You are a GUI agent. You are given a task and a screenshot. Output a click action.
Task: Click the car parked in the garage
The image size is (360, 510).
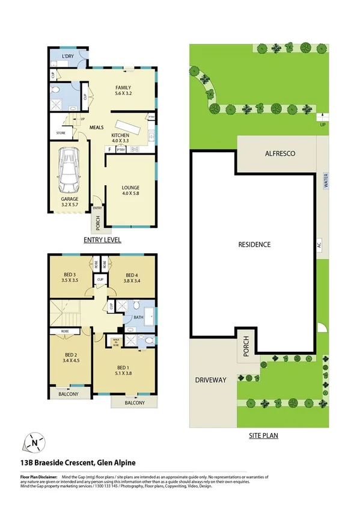pyautogui.click(x=70, y=170)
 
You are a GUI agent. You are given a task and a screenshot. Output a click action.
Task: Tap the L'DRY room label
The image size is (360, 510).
pyautogui.click(x=67, y=57)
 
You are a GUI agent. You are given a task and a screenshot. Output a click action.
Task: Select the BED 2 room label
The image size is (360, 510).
pyautogui.click(x=71, y=358)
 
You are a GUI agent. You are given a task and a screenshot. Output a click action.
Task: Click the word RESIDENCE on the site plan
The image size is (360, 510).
pyautogui.click(x=254, y=244)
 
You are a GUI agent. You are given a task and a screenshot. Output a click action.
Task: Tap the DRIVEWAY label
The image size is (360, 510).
pyautogui.click(x=210, y=380)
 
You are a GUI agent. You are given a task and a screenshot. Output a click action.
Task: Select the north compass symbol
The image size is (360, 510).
pyautogui.click(x=35, y=443)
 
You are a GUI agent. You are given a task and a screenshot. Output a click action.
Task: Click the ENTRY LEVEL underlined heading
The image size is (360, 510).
pyautogui.click(x=102, y=239)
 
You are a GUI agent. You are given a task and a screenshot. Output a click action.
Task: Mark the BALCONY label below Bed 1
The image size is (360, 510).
pyautogui.click(x=135, y=403)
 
